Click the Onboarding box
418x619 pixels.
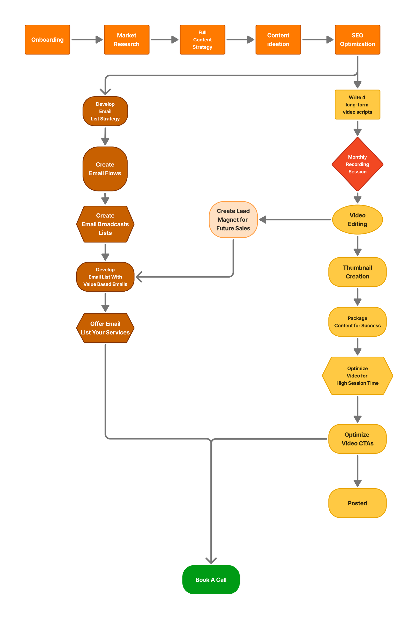point(47,39)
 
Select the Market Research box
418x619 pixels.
point(127,39)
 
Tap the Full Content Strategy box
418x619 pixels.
point(202,39)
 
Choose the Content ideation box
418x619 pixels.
point(278,39)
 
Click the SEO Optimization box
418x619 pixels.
point(357,39)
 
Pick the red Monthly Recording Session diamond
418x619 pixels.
point(357,164)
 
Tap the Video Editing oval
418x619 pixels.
point(357,219)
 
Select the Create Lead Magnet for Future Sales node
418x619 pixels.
point(233,219)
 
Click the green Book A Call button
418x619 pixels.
point(211,580)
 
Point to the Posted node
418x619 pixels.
point(357,503)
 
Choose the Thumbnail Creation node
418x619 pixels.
point(357,272)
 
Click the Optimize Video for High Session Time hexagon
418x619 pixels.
point(357,376)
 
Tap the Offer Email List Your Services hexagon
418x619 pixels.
point(105,328)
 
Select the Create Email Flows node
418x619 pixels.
point(105,169)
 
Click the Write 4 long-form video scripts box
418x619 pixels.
point(357,104)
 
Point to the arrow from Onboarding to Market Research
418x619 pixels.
point(87,39)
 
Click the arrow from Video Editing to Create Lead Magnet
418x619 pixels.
point(294,219)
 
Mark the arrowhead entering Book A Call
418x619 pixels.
point(211,560)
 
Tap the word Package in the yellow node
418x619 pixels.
point(357,318)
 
